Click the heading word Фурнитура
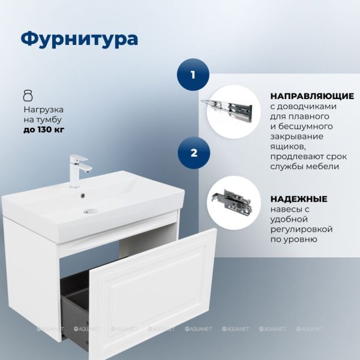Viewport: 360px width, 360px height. tap(79, 39)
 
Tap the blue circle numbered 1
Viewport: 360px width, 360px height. tap(193, 74)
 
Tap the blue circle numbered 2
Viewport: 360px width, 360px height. tap(194, 152)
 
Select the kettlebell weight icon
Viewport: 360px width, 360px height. tap(28, 95)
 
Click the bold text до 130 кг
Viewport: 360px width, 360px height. tap(44, 130)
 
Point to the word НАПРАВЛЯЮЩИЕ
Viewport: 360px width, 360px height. tap(312, 96)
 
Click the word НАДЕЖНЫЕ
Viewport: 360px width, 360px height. tap(299, 199)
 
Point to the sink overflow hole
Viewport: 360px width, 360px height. tap(83, 196)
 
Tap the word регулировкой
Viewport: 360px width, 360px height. tap(301, 229)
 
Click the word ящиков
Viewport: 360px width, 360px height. tap(288, 147)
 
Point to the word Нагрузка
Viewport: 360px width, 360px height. tap(44, 110)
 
